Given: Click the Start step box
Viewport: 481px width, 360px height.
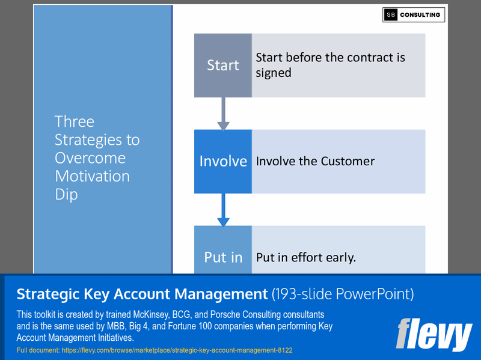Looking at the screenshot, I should point(222,66).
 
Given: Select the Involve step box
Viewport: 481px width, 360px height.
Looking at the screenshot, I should point(222,161).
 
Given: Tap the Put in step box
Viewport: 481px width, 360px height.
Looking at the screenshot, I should point(222,252).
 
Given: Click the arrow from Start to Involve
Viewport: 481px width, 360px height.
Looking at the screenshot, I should point(223,114).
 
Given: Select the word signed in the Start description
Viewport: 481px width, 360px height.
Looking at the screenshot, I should point(274,73).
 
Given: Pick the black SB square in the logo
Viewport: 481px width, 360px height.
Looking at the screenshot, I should point(391,15).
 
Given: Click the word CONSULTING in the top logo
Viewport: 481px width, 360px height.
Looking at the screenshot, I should point(421,15).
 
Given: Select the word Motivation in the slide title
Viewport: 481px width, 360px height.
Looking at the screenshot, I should point(92,176).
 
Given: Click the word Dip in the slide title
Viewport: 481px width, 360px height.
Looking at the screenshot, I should point(66,195).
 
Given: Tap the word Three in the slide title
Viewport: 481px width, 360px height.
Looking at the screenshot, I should point(75,121).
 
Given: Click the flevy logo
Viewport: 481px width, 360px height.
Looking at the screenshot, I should point(434,334).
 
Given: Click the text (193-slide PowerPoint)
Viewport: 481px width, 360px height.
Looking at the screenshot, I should point(342,294).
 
